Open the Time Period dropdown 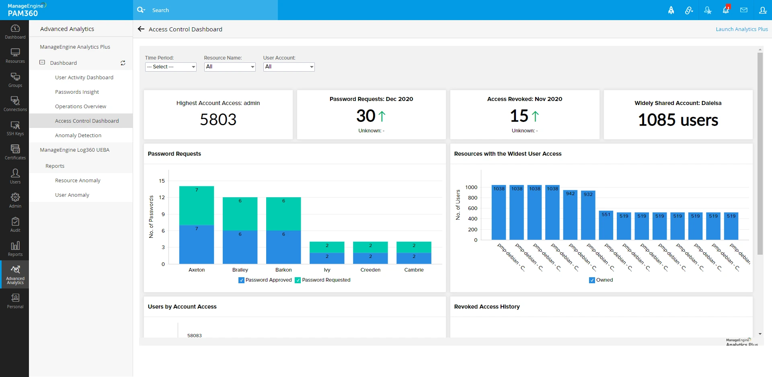(170, 67)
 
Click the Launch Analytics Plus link (741, 29)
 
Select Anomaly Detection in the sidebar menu (78, 136)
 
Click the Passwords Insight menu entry (77, 92)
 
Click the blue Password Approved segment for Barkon (283, 247)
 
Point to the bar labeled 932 (588, 215)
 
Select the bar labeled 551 (606, 225)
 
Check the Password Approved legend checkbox (241, 280)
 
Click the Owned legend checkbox (592, 280)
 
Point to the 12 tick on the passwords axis (162, 198)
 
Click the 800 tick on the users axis (472, 198)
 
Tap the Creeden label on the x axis (370, 270)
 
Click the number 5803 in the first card (218, 119)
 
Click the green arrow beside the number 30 (382, 116)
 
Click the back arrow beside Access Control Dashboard (141, 29)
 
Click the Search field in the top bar (209, 10)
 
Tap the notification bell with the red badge (726, 10)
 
